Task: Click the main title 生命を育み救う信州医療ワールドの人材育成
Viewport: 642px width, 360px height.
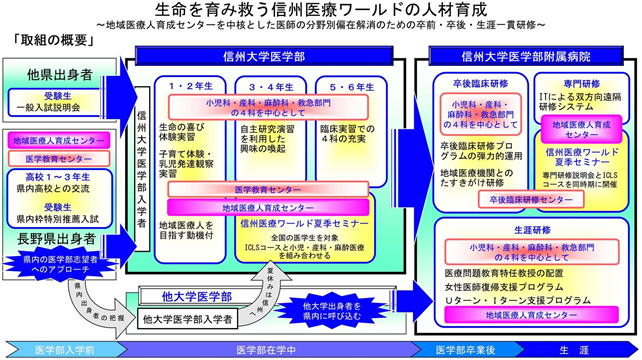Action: [320, 10]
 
